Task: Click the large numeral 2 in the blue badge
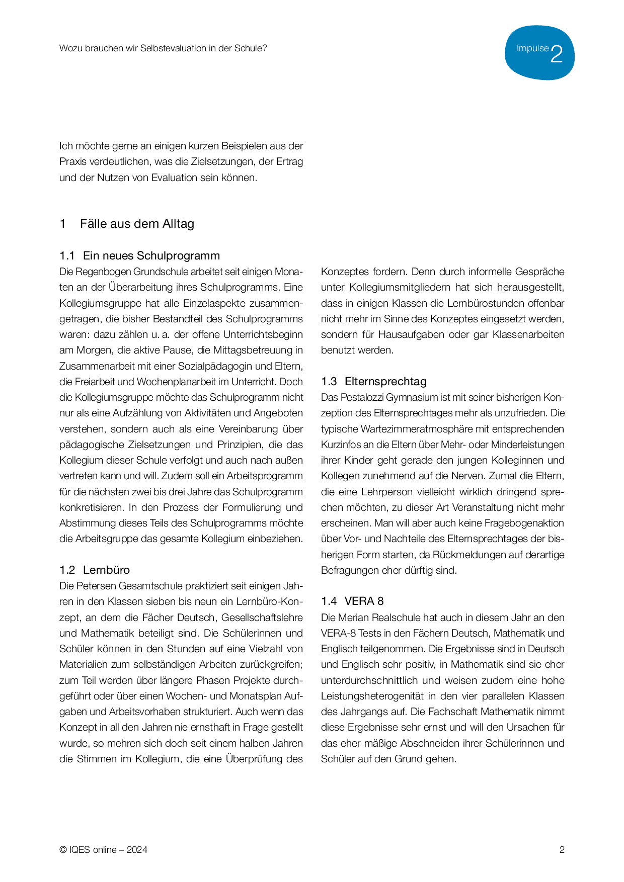(x=557, y=54)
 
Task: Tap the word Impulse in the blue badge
(x=532, y=49)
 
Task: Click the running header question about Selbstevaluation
(x=163, y=48)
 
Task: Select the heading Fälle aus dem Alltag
(x=137, y=224)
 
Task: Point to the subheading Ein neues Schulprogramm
(x=151, y=255)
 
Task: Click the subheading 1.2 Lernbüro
(x=95, y=570)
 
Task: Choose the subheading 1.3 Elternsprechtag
(x=374, y=381)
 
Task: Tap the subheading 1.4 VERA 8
(x=352, y=601)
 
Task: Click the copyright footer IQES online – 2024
(x=103, y=850)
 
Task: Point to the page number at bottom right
(x=562, y=850)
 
